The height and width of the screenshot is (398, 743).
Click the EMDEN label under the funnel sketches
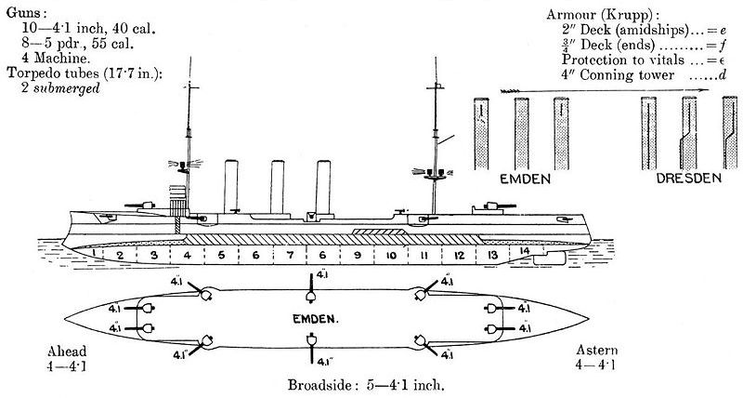526,177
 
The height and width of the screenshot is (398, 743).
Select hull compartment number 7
289,255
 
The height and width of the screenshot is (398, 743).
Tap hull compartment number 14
525,252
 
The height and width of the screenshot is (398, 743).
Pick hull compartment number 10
391,255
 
